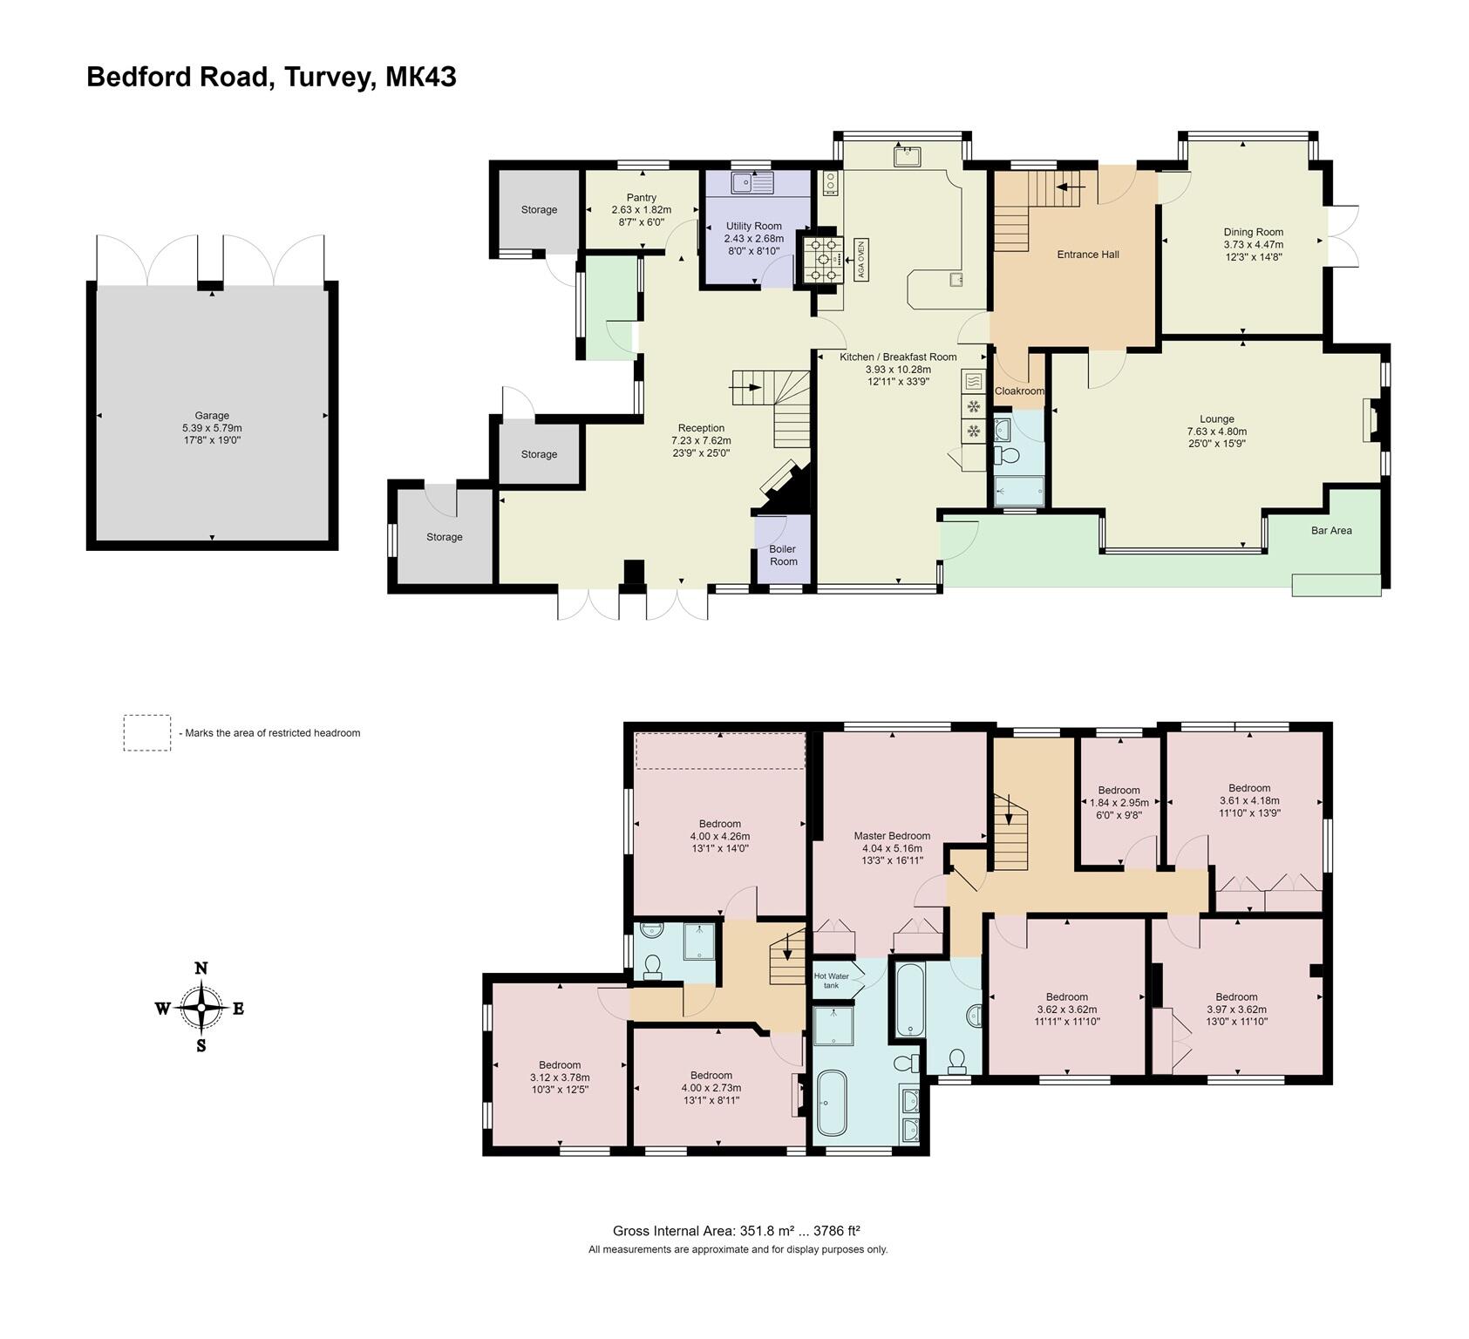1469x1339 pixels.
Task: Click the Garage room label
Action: pyautogui.click(x=212, y=416)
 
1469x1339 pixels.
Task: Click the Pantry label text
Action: pyautogui.click(x=641, y=198)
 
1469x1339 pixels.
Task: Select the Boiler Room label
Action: pyautogui.click(x=783, y=555)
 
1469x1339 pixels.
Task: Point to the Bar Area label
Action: pyautogui.click(x=1331, y=530)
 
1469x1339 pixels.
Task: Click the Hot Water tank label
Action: pyautogui.click(x=831, y=981)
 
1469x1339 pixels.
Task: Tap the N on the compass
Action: pyautogui.click(x=201, y=968)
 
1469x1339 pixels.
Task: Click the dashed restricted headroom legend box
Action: pyautogui.click(x=146, y=733)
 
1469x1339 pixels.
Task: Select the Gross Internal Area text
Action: pyautogui.click(x=736, y=1231)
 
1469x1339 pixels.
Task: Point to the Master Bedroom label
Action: pyautogui.click(x=892, y=835)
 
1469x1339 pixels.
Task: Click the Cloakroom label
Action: pyautogui.click(x=1019, y=391)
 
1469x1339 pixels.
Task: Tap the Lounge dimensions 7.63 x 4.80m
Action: pyautogui.click(x=1216, y=432)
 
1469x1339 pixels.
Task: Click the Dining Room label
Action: pyautogui.click(x=1253, y=232)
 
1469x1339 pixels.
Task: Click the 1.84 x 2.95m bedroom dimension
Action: pyautogui.click(x=1119, y=803)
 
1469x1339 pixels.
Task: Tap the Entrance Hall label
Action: pyautogui.click(x=1087, y=255)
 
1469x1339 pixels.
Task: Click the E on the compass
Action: pyautogui.click(x=238, y=1009)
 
